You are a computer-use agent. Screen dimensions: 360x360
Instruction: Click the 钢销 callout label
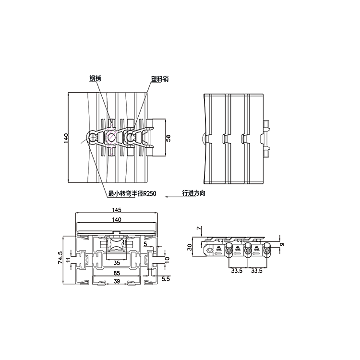pyautogui.click(x=95, y=79)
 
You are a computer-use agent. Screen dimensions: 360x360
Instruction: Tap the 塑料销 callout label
pyautogui.click(x=160, y=79)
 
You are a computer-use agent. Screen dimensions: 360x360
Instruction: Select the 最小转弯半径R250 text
pyautogui.click(x=132, y=194)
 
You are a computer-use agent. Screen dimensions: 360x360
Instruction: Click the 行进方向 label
pyautogui.click(x=193, y=193)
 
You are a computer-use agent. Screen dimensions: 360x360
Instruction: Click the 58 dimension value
pyautogui.click(x=168, y=138)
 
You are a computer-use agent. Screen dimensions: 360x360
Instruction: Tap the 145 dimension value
pyautogui.click(x=117, y=210)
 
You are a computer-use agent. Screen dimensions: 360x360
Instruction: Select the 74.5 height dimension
pyautogui.click(x=60, y=257)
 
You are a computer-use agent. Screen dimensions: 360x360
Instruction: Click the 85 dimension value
pyautogui.click(x=117, y=273)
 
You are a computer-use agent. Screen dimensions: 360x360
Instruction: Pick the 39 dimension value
pyautogui.click(x=117, y=281)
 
